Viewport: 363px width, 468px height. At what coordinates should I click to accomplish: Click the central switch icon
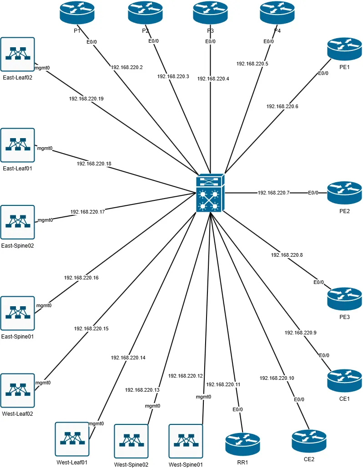click(210, 193)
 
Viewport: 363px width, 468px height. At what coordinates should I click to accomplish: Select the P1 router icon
click(77, 12)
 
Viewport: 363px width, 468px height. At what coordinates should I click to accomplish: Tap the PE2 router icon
click(344, 193)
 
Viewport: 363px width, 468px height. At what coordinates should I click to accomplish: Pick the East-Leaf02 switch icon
click(18, 54)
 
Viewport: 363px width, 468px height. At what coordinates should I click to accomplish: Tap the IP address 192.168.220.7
click(273, 193)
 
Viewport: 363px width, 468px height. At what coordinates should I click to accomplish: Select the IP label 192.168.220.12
click(185, 376)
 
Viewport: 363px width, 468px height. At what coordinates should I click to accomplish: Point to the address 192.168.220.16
click(81, 277)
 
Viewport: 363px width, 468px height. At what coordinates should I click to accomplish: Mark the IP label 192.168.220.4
click(213, 79)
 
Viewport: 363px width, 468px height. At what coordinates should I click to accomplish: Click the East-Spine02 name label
click(18, 245)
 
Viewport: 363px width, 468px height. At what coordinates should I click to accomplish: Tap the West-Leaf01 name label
click(72, 462)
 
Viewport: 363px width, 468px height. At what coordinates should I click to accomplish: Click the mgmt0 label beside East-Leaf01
click(45, 148)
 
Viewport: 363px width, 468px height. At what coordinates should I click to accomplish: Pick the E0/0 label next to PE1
click(323, 73)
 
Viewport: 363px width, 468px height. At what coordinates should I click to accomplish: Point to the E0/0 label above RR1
click(237, 409)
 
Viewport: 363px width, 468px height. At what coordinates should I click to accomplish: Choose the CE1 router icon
click(344, 381)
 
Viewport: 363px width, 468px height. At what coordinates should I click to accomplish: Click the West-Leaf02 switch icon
click(18, 390)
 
